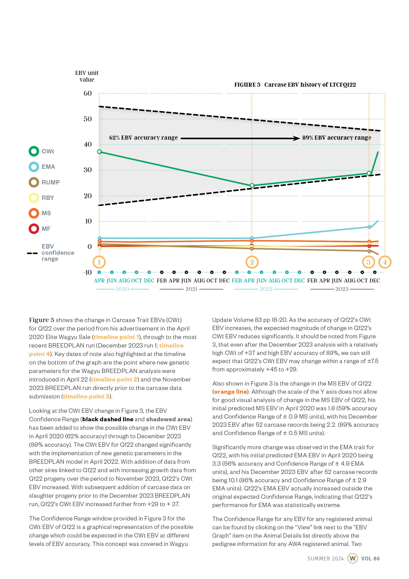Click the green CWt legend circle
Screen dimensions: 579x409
click(34, 151)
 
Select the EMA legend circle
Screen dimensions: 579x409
click(34, 167)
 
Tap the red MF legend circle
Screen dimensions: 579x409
click(34, 229)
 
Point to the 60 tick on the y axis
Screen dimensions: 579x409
click(87, 93)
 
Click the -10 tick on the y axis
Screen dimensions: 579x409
click(87, 272)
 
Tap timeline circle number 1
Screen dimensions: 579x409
click(99, 262)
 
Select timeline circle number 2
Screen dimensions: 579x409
click(252, 262)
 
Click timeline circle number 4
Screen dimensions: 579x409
click(385, 262)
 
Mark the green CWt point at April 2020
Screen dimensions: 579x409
click(99, 152)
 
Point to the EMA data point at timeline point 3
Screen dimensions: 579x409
click(369, 227)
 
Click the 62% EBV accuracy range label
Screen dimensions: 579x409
click(143, 138)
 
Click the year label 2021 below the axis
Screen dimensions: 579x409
click(191, 289)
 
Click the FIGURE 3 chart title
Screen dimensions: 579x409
click(295, 85)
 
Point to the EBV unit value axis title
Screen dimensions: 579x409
click(87, 76)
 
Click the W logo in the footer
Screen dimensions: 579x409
click(352, 558)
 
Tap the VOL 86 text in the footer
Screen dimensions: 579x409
click(370, 558)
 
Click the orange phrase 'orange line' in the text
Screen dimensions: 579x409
click(230, 392)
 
